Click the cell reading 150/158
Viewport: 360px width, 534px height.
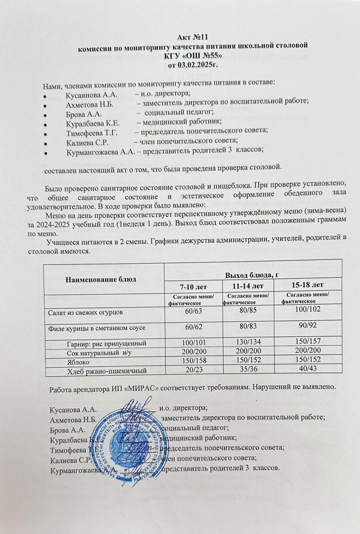point(194,360)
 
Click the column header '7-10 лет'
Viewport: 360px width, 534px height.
point(194,287)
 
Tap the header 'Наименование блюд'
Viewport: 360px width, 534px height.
point(101,279)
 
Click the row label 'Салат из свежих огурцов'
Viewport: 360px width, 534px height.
point(85,313)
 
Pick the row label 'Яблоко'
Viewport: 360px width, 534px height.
point(78,362)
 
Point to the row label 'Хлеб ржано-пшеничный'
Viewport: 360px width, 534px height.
point(107,370)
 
